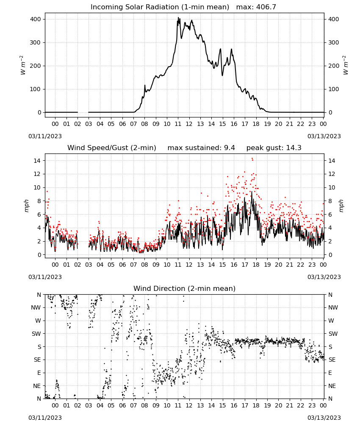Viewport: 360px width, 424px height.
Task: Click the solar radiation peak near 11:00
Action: tap(178, 18)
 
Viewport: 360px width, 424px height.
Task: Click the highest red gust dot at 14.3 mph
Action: tap(252, 159)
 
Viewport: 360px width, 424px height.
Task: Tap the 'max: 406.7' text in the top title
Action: tap(256, 7)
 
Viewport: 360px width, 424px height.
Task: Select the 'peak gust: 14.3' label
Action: tap(274, 148)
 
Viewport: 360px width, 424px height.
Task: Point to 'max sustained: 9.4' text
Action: tap(201, 148)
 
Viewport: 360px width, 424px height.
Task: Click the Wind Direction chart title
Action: tap(185, 288)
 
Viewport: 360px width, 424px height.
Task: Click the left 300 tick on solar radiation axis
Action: tap(36, 42)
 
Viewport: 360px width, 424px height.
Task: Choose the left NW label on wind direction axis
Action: tap(36, 307)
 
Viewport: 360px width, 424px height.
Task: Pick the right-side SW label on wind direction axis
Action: tap(333, 334)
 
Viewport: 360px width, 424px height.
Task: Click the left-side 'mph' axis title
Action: tap(26, 206)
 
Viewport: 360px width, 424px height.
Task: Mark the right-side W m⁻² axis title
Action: tap(346, 65)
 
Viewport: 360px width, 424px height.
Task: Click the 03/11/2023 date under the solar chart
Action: tap(45, 136)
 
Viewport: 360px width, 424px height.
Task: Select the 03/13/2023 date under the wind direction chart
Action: tap(324, 418)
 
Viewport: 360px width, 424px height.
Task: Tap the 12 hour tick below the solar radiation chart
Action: tap(189, 124)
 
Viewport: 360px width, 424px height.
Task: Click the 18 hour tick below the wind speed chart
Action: tap(256, 265)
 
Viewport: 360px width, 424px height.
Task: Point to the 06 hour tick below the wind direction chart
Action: tap(122, 405)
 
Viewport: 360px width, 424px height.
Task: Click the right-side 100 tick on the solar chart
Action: tap(334, 89)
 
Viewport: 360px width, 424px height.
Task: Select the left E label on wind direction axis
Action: tap(39, 373)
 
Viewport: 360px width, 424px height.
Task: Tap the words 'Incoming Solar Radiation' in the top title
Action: tap(135, 7)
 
